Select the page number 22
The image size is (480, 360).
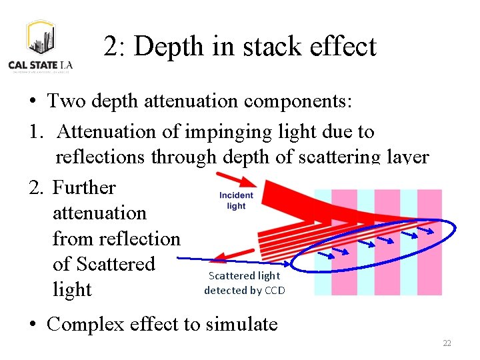[x=447, y=343]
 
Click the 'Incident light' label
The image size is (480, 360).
[x=236, y=201]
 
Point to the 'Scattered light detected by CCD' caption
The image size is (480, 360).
[x=244, y=283]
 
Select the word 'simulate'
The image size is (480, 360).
[x=242, y=324]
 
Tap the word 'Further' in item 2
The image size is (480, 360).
[x=84, y=187]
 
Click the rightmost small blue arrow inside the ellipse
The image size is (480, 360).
[x=426, y=231]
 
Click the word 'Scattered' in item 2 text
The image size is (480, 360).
[x=103, y=264]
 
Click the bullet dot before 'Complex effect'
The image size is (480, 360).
[x=33, y=325]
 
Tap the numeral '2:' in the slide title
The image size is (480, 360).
[x=116, y=47]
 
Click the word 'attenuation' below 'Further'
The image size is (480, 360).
[x=99, y=213]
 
